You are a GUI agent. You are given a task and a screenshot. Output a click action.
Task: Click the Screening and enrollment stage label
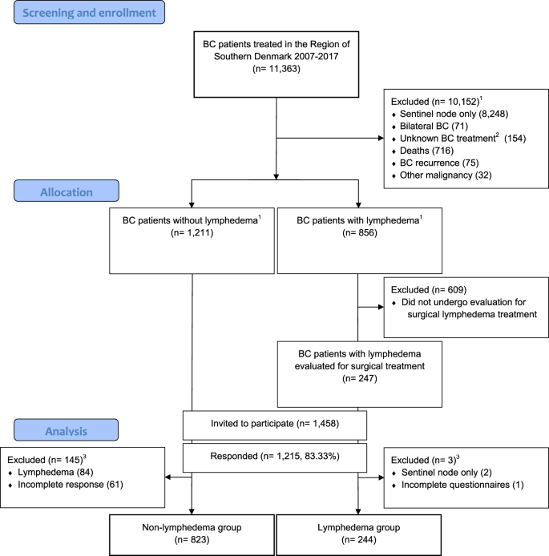pos(89,12)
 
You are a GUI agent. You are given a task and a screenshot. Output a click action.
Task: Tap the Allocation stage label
pos(67,191)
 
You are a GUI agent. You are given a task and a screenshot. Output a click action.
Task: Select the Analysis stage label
pos(66,430)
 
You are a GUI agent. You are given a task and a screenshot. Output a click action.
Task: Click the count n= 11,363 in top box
pos(277,68)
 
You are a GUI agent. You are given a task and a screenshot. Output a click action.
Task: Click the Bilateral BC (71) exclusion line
pos(434,127)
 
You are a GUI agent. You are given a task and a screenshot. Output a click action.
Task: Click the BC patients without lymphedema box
pos(192,241)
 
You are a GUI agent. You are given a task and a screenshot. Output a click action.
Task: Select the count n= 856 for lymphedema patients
pos(360,233)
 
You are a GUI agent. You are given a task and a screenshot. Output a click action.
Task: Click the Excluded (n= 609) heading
pos(429,290)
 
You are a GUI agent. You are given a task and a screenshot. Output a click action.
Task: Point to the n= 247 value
pos(360,379)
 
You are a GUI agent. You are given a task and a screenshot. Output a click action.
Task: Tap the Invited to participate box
pos(275,425)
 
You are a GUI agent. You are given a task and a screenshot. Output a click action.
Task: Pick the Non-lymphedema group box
pos(192,535)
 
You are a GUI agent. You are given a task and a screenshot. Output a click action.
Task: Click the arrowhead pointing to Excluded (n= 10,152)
pos(381,139)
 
